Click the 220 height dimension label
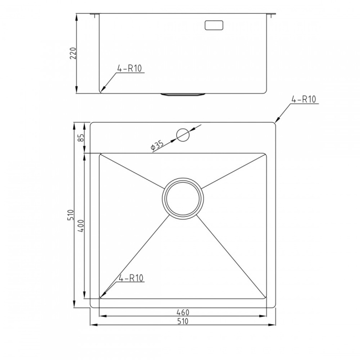tap(73, 54)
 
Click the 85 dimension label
tap(81, 137)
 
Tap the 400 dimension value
tap(81, 226)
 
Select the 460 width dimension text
tap(183, 312)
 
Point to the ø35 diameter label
tap(157, 145)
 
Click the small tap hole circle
tap(183, 135)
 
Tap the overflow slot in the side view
tap(214, 25)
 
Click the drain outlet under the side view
tap(183, 94)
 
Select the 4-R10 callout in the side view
tap(130, 68)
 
